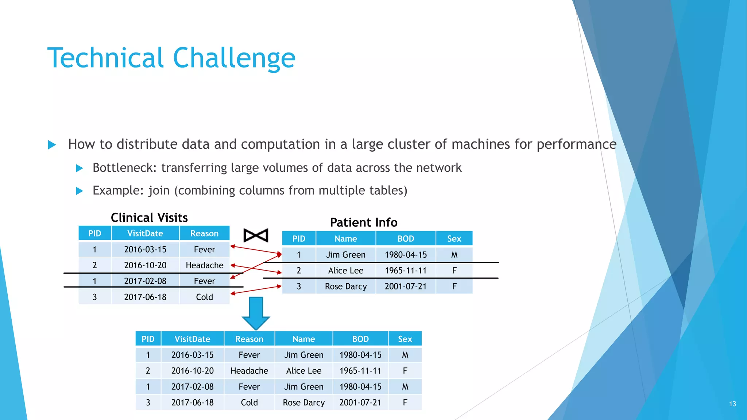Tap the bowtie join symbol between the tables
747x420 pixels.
pyautogui.click(x=256, y=236)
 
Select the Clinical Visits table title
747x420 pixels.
pyautogui.click(x=149, y=218)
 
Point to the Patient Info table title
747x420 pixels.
pyautogui.click(x=363, y=222)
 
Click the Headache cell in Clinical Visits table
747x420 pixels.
pyautogui.click(x=204, y=265)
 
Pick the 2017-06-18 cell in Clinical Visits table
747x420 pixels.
pyautogui.click(x=145, y=297)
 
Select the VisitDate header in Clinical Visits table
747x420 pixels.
pyautogui.click(x=145, y=233)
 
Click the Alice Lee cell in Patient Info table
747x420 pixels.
pyautogui.click(x=345, y=271)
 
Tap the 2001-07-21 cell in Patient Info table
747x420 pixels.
pyautogui.click(x=405, y=287)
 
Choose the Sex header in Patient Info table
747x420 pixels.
pyautogui.click(x=454, y=239)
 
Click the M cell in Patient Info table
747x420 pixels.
pyautogui.click(x=454, y=255)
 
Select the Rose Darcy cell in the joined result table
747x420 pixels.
pyautogui.click(x=303, y=402)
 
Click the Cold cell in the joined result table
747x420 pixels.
pyautogui.click(x=249, y=402)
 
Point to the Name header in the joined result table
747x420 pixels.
pyautogui.click(x=303, y=339)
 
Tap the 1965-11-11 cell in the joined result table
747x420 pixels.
pyautogui.click(x=360, y=371)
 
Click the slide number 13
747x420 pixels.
pyautogui.click(x=732, y=404)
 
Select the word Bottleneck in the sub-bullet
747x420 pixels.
pyautogui.click(x=124, y=168)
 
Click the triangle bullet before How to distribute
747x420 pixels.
pyautogui.click(x=52, y=145)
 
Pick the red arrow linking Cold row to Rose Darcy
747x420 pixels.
pyautogui.click(x=256, y=290)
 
